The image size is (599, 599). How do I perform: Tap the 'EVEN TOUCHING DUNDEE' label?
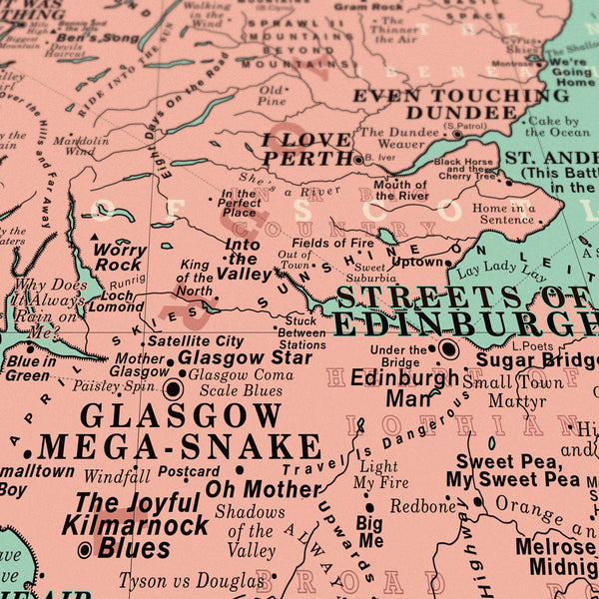(460, 103)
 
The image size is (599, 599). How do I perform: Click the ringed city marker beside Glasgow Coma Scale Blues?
(173, 389)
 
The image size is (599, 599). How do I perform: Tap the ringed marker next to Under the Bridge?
(448, 349)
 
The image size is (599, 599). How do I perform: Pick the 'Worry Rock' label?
(119, 258)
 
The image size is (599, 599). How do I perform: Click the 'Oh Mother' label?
(263, 488)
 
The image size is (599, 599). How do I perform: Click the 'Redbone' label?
(422, 506)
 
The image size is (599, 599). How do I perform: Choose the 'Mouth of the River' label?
(400, 190)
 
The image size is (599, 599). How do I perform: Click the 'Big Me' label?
(369, 531)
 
